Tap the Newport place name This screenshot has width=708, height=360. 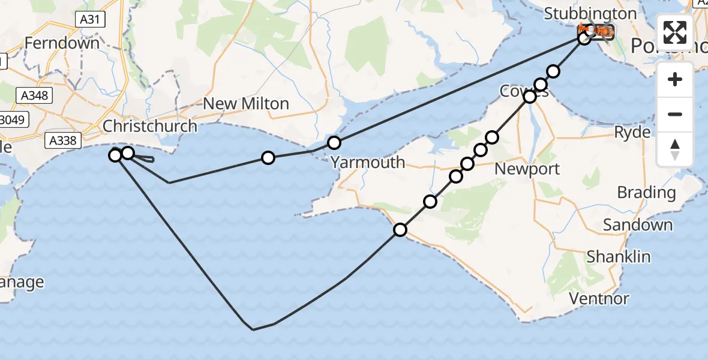(x=527, y=169)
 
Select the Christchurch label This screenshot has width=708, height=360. (x=150, y=126)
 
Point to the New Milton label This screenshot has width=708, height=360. (x=246, y=104)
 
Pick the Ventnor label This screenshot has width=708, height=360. (x=599, y=298)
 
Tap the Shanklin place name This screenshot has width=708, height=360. (x=619, y=257)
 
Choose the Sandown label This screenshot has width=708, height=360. (x=638, y=225)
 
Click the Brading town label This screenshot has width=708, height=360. (x=646, y=193)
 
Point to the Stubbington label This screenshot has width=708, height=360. (x=590, y=14)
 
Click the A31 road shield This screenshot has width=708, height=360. (x=91, y=20)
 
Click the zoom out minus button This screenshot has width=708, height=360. (x=675, y=114)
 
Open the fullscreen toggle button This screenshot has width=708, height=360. (x=675, y=32)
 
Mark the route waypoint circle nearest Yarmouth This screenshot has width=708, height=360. (x=334, y=143)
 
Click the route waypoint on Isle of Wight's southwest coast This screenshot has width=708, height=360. (x=400, y=229)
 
